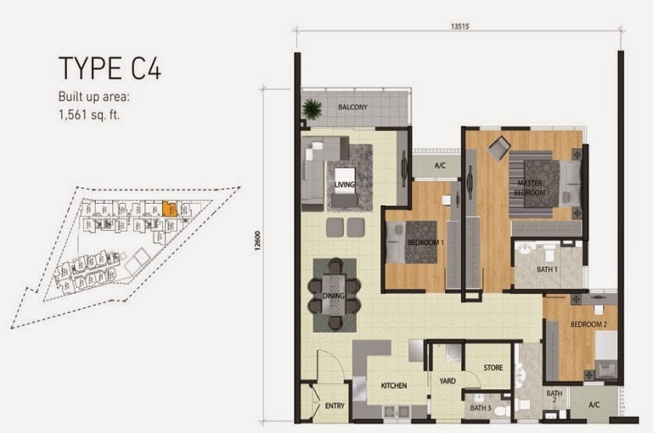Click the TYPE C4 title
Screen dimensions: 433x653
(109, 69)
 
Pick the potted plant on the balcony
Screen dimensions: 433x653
(312, 108)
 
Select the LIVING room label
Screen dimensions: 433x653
(344, 184)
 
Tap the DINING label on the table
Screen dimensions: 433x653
(334, 296)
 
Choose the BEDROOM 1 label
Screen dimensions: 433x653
(425, 243)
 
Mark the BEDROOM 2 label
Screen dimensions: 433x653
(588, 324)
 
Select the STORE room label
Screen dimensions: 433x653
(492, 367)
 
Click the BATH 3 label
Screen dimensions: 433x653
(478, 406)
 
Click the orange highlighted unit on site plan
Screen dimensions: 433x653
(168, 209)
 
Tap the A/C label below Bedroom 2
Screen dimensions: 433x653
(593, 404)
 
